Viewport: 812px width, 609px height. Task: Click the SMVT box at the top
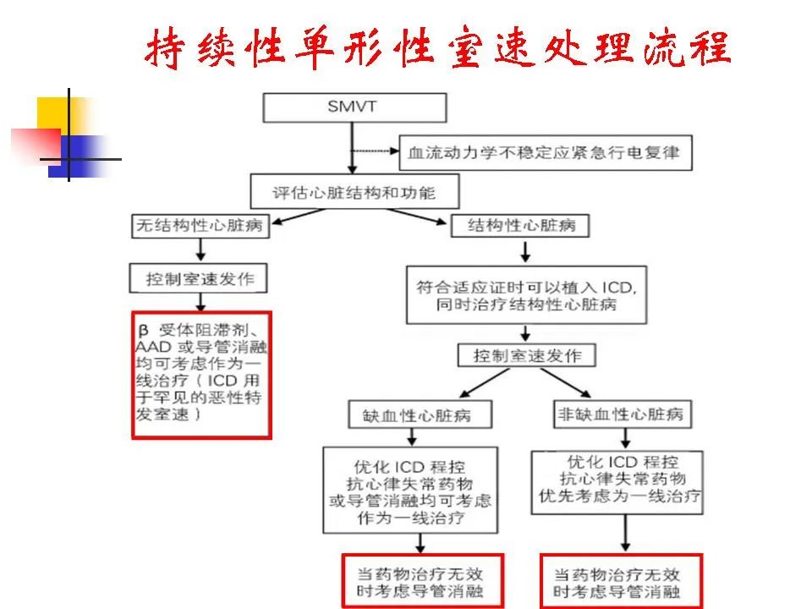click(x=354, y=107)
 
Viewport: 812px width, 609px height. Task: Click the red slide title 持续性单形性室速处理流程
click(x=437, y=48)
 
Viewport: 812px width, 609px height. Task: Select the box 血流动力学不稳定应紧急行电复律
click(x=542, y=154)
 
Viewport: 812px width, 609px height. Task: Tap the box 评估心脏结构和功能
click(x=354, y=192)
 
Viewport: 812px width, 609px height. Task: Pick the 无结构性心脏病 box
click(x=200, y=227)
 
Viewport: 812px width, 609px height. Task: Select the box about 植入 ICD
click(x=527, y=295)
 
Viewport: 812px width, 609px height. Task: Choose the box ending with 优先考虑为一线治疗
click(x=621, y=479)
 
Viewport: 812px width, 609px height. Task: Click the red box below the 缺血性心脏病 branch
click(x=422, y=580)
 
